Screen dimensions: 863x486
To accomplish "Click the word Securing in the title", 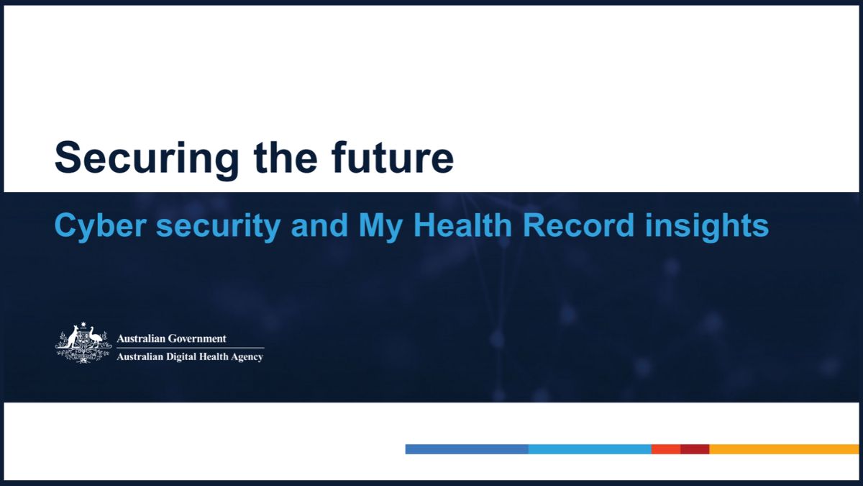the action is (147, 159).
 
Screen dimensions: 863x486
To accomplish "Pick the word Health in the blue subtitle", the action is (462, 225).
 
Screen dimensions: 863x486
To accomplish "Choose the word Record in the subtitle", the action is (578, 225).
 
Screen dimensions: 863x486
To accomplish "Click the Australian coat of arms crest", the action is (83, 343).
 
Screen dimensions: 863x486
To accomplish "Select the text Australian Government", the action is (171, 338).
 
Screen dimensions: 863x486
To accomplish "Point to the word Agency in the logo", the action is (247, 358).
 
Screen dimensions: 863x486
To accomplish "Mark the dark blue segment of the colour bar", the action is (467, 449).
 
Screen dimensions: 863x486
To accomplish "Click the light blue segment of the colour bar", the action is (590, 449).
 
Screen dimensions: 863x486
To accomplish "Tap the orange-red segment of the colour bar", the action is (666, 449).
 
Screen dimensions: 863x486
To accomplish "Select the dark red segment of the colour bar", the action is (695, 449).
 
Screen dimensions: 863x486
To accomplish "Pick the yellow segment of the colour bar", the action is (785, 449).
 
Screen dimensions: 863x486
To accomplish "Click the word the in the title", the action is (286, 157).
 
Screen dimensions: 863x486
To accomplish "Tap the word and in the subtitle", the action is (320, 225).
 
